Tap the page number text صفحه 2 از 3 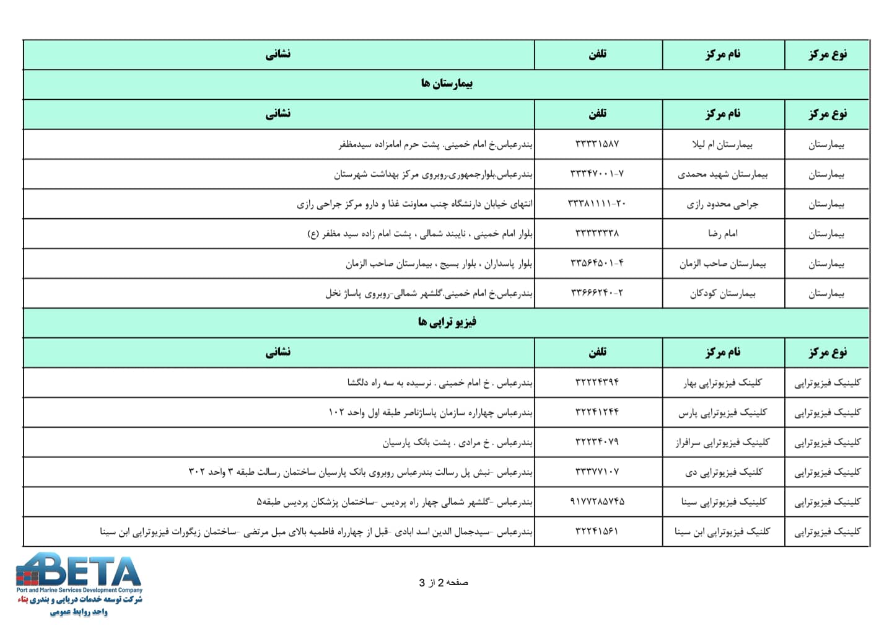tap(444, 583)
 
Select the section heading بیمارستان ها tap(447, 84)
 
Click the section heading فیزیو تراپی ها tap(447, 322)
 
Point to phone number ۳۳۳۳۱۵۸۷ tap(597, 144)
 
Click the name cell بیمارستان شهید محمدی tap(722, 174)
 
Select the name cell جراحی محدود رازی tap(722, 204)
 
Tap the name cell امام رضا tap(722, 234)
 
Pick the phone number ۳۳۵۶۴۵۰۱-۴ tap(597, 263)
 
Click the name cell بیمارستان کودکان tap(722, 293)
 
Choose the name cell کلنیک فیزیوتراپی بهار tap(722, 382)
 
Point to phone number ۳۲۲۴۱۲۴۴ tap(597, 412)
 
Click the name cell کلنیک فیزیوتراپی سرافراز tap(722, 442)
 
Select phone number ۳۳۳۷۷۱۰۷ tap(597, 472)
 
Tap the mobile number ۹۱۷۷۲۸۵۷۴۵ tap(597, 501)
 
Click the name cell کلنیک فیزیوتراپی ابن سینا tap(722, 531)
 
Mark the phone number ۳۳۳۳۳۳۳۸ tap(597, 234)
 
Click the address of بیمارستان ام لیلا tap(435, 144)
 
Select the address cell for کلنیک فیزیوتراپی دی tap(360, 472)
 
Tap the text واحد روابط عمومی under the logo tap(79, 612)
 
